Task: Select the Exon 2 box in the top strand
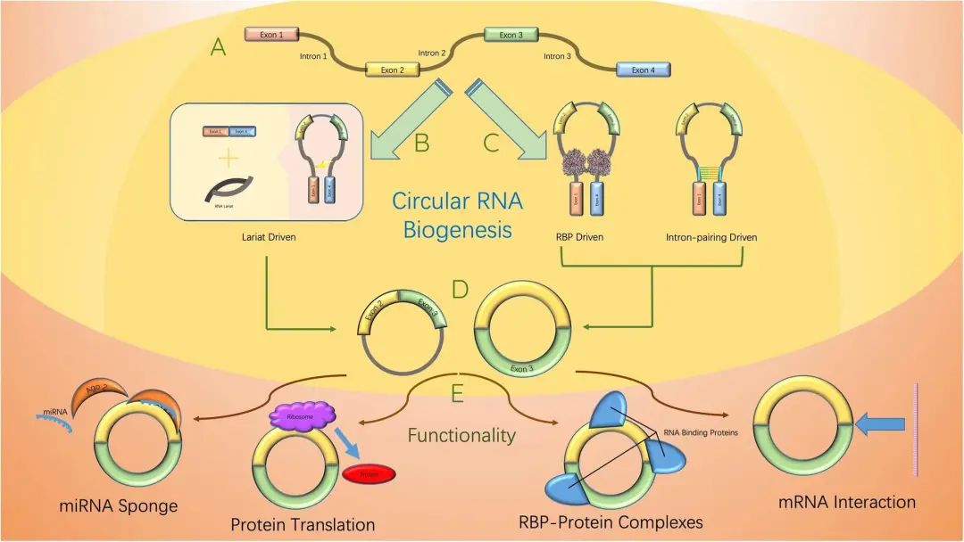coord(393,70)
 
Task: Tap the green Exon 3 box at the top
coord(511,35)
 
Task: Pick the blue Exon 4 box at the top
coord(643,70)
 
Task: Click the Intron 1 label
coord(313,56)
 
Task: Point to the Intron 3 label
coord(557,56)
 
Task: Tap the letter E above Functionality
coord(459,393)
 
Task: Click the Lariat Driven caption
coord(269,238)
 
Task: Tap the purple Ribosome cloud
coord(302,417)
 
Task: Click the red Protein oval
coord(369,474)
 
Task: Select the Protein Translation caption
coord(303,524)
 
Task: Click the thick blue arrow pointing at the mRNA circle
coord(878,430)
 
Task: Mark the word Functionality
coord(461,435)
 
